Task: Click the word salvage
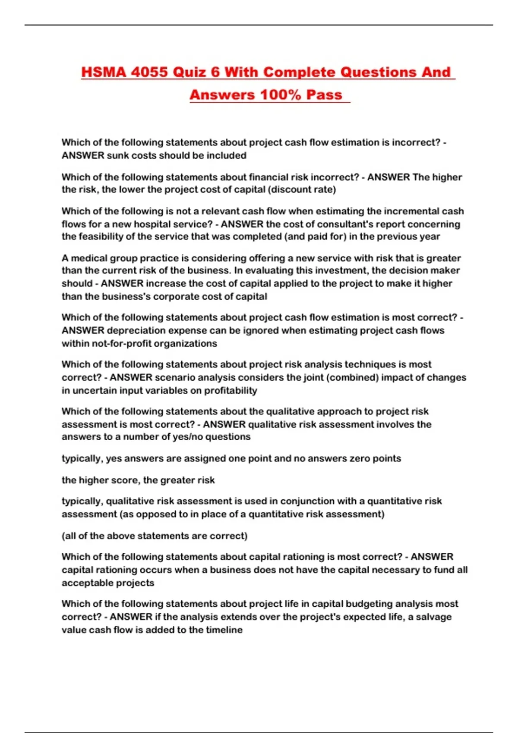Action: coord(434,617)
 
